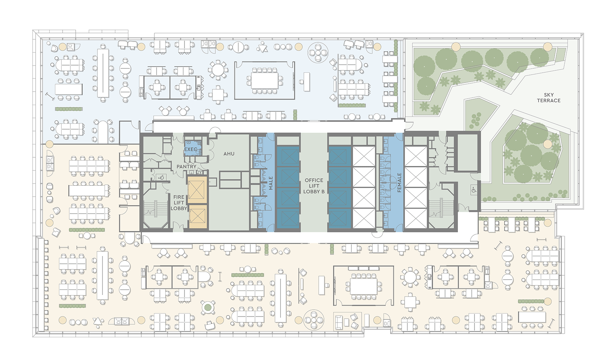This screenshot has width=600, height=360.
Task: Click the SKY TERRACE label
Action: [x=549, y=98]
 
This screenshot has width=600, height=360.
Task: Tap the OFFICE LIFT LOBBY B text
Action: [x=314, y=186]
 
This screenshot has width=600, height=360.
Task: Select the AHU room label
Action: [x=229, y=154]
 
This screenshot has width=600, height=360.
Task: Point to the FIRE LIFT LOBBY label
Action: [x=179, y=203]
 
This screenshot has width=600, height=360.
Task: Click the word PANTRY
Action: [x=186, y=166]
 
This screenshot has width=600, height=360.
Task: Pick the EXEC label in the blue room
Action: [x=191, y=149]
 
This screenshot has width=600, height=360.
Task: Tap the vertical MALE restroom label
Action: [x=271, y=183]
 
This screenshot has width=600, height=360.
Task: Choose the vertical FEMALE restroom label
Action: [x=399, y=182]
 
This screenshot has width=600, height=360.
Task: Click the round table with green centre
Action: [x=208, y=307]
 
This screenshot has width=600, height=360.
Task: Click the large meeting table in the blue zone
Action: [x=265, y=80]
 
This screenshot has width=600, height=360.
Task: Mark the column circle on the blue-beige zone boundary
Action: [x=49, y=144]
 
